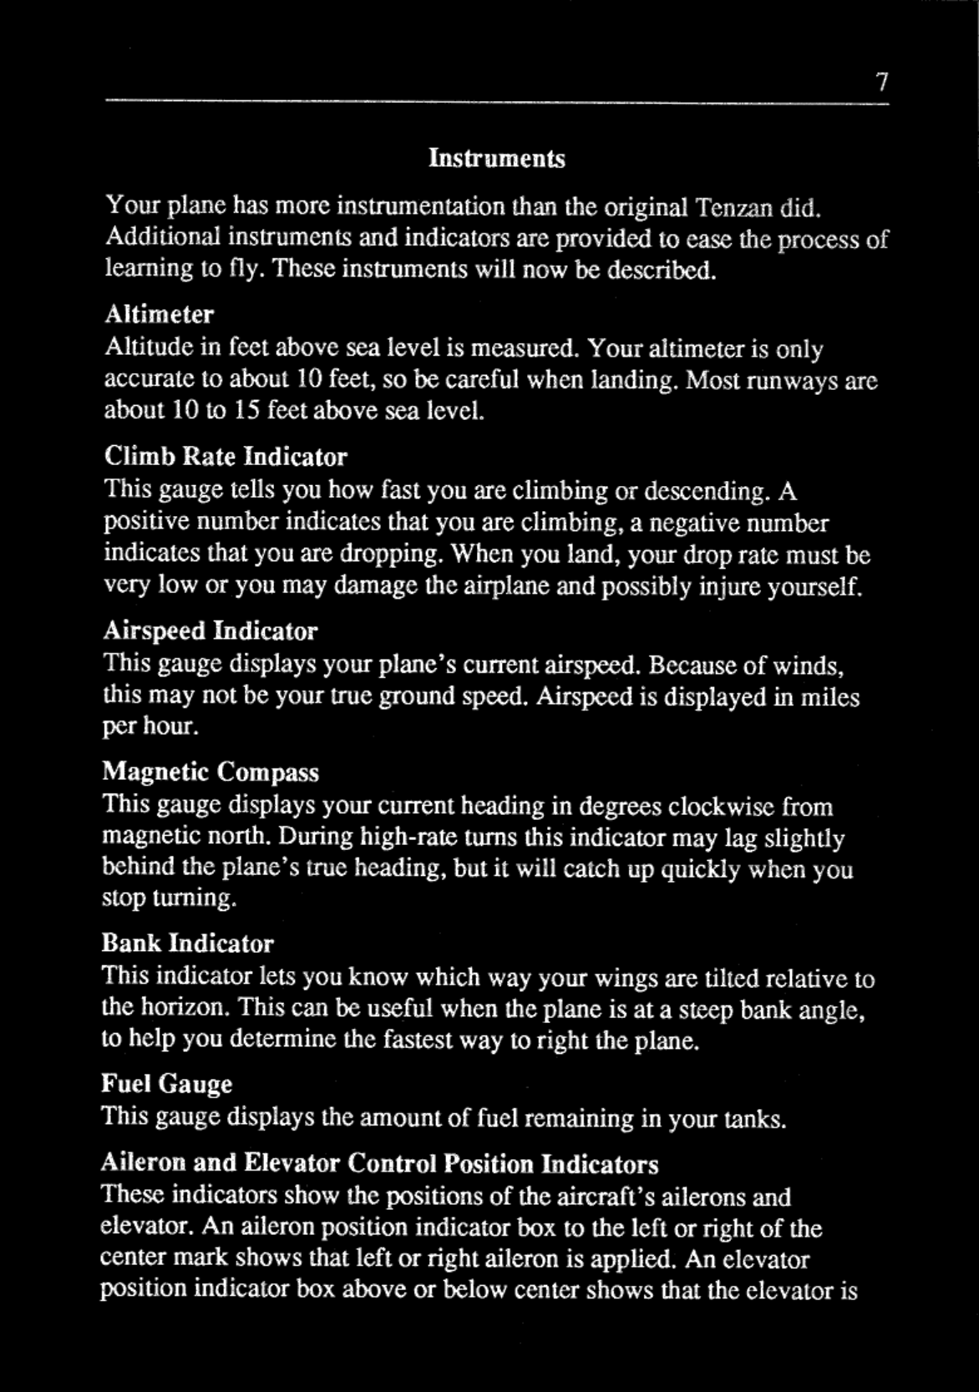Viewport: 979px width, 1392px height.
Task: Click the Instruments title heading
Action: [497, 159]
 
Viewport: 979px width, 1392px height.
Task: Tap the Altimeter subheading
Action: [159, 315]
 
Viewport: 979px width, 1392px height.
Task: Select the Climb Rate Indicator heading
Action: [226, 457]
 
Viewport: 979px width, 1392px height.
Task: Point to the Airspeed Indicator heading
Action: [211, 630]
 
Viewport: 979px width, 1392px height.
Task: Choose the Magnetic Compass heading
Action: [211, 772]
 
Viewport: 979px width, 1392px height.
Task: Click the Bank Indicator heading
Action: [188, 944]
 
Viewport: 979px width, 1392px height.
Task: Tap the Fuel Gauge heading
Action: [167, 1085]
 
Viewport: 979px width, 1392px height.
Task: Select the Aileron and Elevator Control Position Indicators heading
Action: [380, 1163]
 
